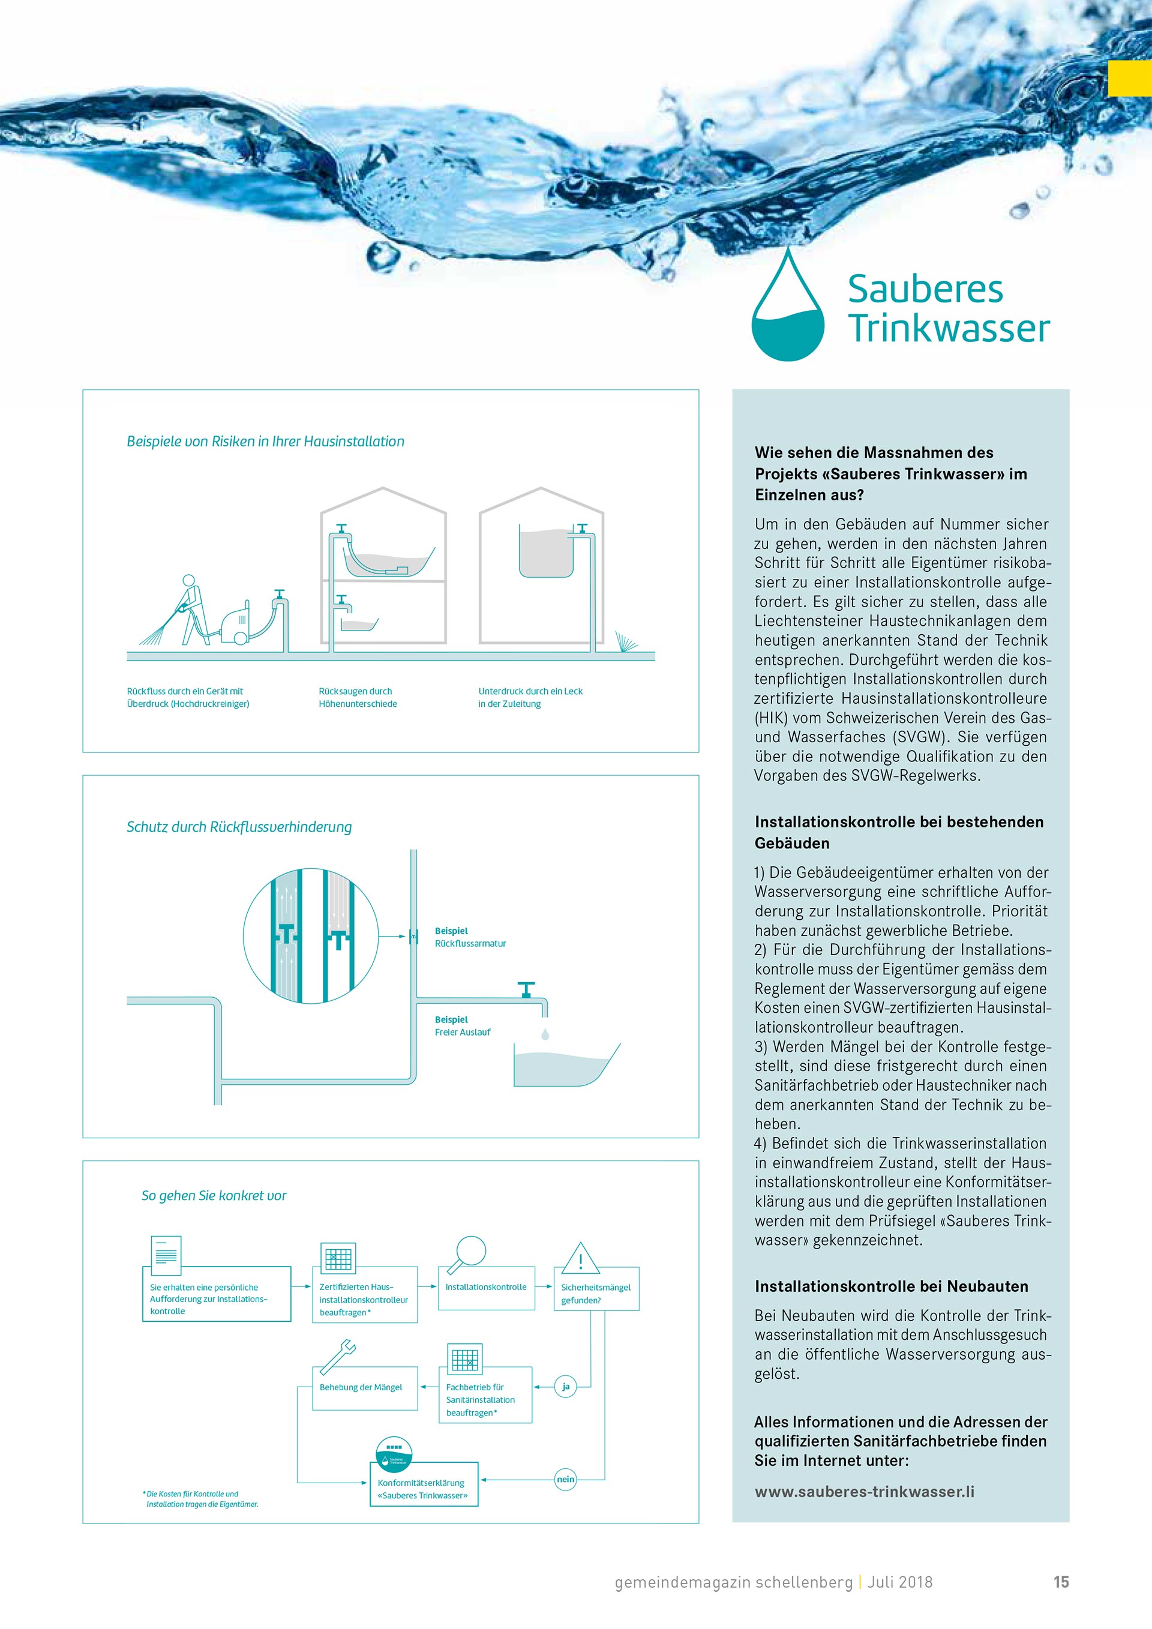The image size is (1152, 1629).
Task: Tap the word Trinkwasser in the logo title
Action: pyautogui.click(x=949, y=328)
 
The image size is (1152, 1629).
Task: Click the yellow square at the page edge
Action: pyautogui.click(x=1129, y=79)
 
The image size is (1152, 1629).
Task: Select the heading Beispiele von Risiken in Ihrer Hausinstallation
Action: pyautogui.click(x=265, y=442)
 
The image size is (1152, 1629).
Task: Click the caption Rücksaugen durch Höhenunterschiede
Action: pyautogui.click(x=358, y=697)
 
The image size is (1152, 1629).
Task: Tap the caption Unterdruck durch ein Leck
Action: pyautogui.click(x=530, y=691)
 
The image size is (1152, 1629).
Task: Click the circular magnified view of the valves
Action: pyautogui.click(x=311, y=936)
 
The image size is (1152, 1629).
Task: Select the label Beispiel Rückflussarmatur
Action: pyautogui.click(x=470, y=937)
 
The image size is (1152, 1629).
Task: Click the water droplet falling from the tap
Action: pyautogui.click(x=545, y=1034)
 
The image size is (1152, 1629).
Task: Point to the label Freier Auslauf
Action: pyautogui.click(x=463, y=1033)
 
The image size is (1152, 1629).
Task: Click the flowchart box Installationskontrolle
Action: pyautogui.click(x=486, y=1288)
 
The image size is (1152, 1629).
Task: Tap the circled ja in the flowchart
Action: pyautogui.click(x=565, y=1387)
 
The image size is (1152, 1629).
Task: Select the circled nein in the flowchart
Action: pyautogui.click(x=565, y=1479)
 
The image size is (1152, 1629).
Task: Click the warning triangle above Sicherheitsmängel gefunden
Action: pyautogui.click(x=580, y=1259)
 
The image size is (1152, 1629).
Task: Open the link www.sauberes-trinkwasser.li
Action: pyautogui.click(x=864, y=1492)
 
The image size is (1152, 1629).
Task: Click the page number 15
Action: pyautogui.click(x=1061, y=1582)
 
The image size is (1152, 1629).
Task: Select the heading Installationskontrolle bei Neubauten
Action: pyautogui.click(x=891, y=1286)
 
